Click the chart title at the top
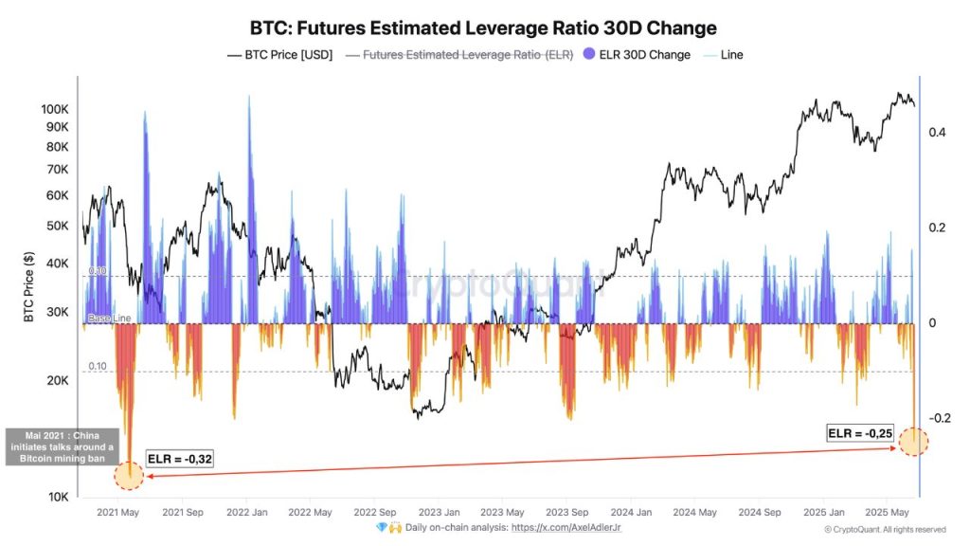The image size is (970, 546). click(483, 27)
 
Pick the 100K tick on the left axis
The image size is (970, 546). click(55, 109)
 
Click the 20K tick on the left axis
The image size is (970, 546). click(57, 381)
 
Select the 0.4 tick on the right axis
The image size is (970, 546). click(938, 133)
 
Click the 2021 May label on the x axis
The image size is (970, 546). click(118, 513)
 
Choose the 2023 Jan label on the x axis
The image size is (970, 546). click(439, 513)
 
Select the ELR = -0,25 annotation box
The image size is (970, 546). click(859, 433)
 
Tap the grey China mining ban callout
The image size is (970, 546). click(61, 447)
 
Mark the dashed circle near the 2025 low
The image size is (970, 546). click(913, 441)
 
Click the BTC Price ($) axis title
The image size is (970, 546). click(29, 287)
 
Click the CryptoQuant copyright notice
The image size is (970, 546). click(885, 530)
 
